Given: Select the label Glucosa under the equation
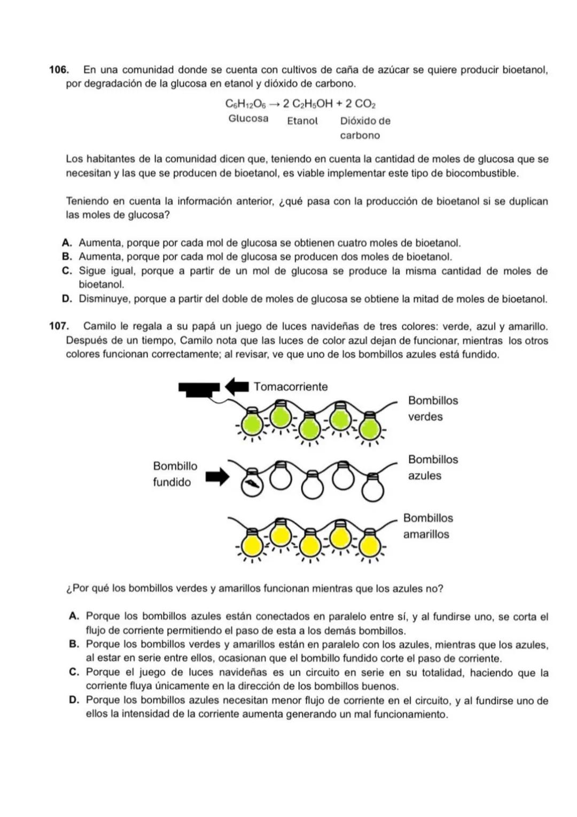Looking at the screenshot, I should [x=248, y=119].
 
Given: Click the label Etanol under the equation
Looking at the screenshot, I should [x=302, y=121].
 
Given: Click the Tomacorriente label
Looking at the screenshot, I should [x=291, y=387].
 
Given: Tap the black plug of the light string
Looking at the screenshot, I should [x=199, y=389].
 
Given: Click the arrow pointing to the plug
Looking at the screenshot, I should [x=237, y=385].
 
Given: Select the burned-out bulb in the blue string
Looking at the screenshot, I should [x=251, y=485].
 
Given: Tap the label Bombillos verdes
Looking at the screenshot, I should [x=433, y=408].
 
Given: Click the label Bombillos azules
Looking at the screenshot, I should [x=433, y=467].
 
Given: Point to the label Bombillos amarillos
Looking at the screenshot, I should [x=427, y=526].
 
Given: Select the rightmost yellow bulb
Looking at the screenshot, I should [x=369, y=546].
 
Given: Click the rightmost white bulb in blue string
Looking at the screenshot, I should [x=372, y=489].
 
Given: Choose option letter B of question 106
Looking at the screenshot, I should [x=67, y=257].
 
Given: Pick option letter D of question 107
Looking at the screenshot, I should [x=74, y=700].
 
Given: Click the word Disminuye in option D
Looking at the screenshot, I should [x=104, y=299].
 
